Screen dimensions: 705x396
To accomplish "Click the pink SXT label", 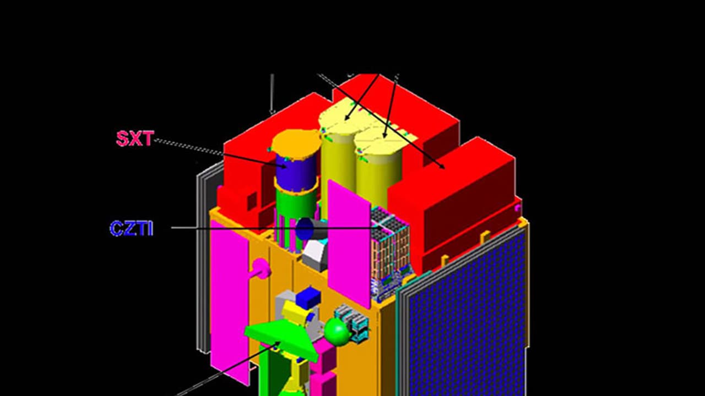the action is [135, 139].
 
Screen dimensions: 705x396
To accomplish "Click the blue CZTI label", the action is [132, 228].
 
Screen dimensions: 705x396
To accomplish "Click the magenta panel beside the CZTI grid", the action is [349, 243].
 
